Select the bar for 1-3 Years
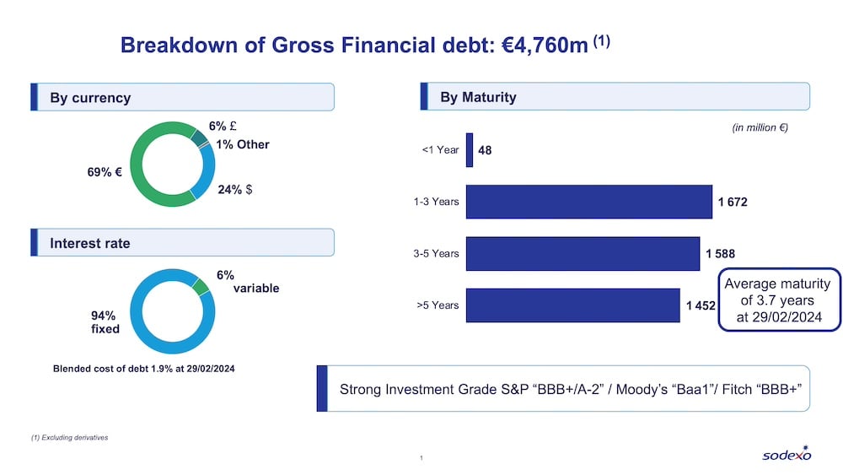(588, 202)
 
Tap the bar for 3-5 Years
(583, 253)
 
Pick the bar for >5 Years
(572, 305)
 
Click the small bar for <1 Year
(470, 150)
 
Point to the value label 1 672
(733, 202)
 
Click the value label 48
(485, 150)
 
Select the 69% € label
(105, 172)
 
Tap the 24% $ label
(235, 190)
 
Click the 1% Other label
(242, 144)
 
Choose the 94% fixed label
(105, 322)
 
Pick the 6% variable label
(247, 282)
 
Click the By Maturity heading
(478, 97)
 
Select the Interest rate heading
(90, 243)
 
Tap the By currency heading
(90, 98)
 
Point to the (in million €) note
(759, 128)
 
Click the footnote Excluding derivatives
(69, 438)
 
